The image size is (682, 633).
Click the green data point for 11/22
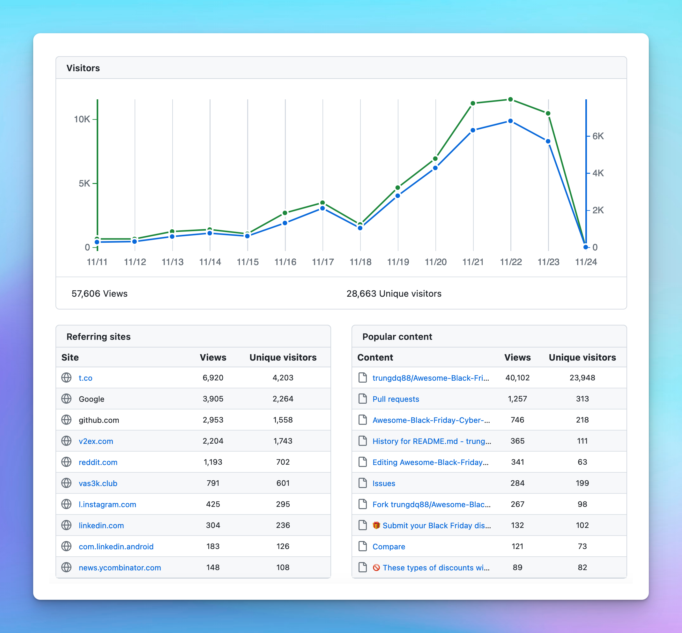click(510, 99)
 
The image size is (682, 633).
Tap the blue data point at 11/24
click(585, 247)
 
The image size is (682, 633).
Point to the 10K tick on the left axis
click(82, 119)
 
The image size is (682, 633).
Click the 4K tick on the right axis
click(598, 173)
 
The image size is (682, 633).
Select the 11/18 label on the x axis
click(360, 262)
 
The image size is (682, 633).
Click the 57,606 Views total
click(99, 294)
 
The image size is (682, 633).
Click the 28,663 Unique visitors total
click(394, 294)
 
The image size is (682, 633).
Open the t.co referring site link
click(85, 378)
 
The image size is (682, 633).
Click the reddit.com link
click(98, 462)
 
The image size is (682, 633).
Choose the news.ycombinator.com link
click(120, 568)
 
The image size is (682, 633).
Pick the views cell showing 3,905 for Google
click(213, 399)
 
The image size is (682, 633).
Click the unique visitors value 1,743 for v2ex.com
click(283, 441)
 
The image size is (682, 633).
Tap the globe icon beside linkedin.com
click(66, 525)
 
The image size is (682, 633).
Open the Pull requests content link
click(396, 399)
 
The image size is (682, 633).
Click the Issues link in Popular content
click(384, 483)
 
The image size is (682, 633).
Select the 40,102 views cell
click(517, 378)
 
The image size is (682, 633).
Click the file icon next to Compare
click(362, 546)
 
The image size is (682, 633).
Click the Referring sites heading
click(99, 337)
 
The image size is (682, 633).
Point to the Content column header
click(375, 357)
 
